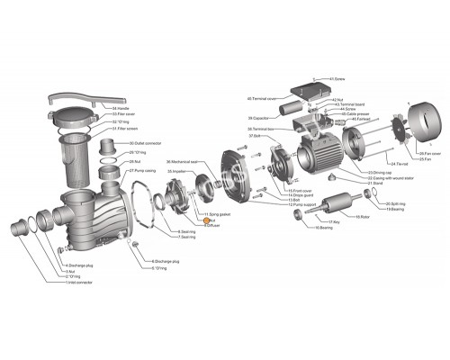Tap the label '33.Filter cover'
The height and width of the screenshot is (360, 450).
click(x=127, y=114)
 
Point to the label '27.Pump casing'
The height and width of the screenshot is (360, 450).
click(x=141, y=170)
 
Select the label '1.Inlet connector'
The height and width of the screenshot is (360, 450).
click(x=79, y=283)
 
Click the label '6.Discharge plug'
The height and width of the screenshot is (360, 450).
click(x=166, y=260)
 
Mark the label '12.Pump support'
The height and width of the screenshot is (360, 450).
click(x=303, y=205)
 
